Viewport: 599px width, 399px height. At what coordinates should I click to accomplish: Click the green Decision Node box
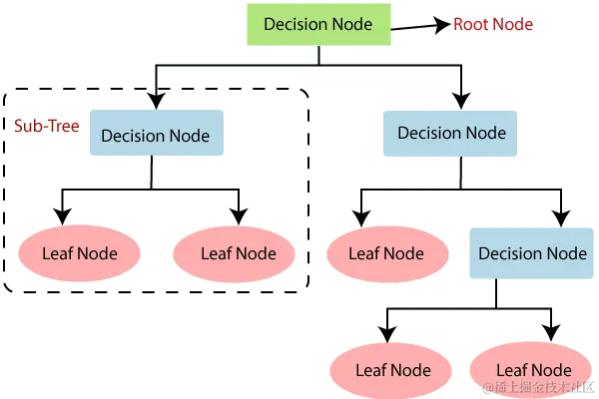[318, 24]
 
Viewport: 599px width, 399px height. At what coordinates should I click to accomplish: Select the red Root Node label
[493, 24]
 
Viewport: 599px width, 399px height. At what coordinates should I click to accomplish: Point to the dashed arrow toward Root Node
[419, 27]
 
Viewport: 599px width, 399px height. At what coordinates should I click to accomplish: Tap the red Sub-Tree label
[44, 128]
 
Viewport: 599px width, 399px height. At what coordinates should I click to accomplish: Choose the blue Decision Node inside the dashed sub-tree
[155, 136]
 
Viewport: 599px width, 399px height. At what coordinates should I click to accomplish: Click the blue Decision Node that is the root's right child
[452, 133]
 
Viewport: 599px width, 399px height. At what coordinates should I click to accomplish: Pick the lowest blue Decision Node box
[532, 253]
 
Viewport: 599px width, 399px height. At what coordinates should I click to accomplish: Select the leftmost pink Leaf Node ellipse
[80, 253]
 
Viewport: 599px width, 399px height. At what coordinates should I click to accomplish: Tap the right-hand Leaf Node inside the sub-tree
[238, 253]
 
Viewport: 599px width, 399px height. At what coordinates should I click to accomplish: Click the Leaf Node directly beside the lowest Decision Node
[385, 253]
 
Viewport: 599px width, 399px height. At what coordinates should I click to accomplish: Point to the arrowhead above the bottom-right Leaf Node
[549, 330]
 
